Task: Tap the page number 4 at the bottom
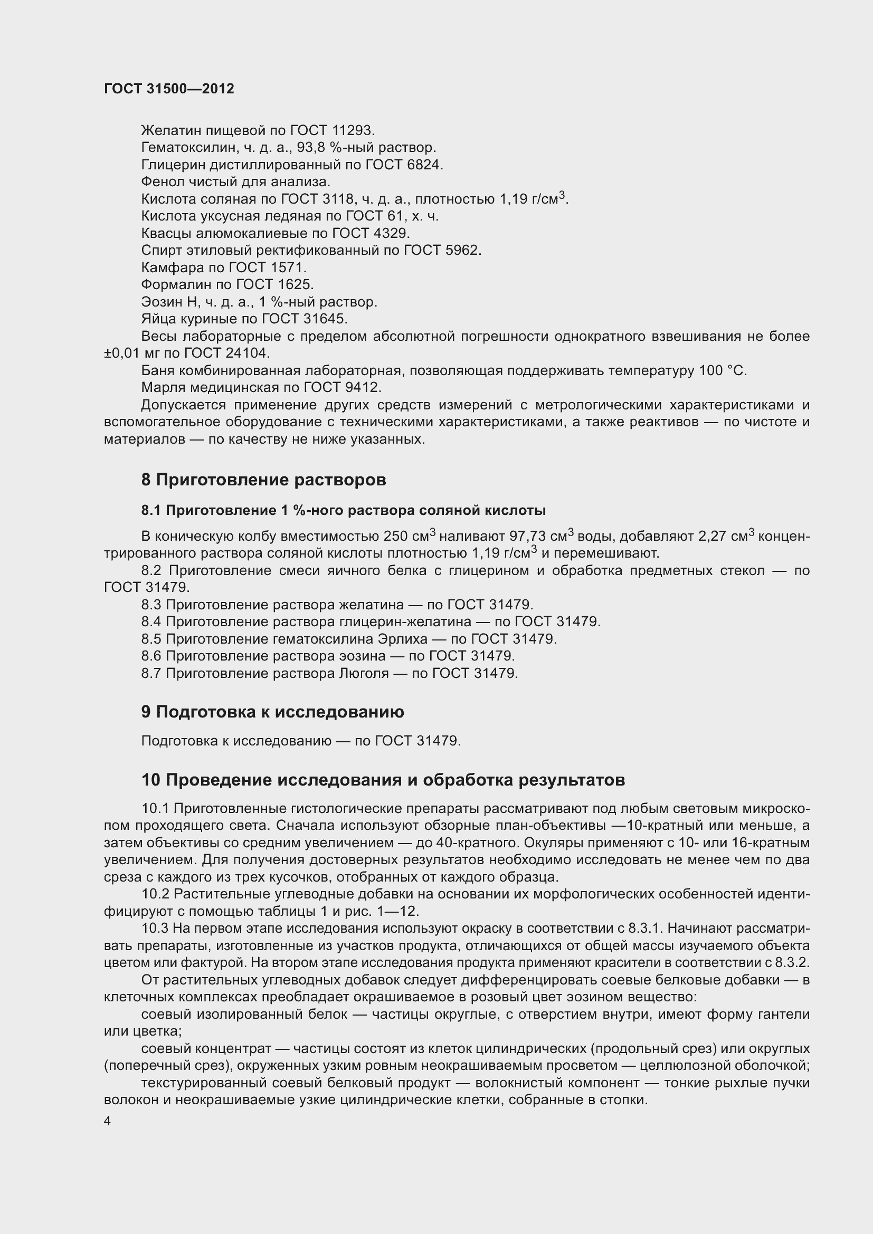point(108,1121)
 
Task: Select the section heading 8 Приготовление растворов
point(263,480)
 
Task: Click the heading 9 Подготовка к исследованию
point(272,712)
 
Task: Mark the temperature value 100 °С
point(723,371)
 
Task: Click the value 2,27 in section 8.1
point(715,537)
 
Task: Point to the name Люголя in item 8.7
point(364,673)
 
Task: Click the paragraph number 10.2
point(155,895)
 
